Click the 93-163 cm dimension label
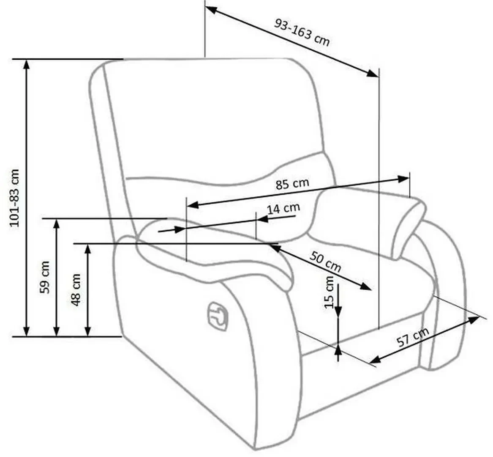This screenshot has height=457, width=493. coord(302,31)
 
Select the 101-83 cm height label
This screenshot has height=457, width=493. coord(15,198)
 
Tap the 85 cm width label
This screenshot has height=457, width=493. coord(292,184)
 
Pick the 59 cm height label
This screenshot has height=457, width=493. coord(45,277)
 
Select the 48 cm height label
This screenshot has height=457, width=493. coord(76,290)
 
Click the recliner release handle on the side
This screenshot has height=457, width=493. coord(218,314)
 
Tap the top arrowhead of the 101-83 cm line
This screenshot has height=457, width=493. coord(27,63)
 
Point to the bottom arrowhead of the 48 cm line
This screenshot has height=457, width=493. coord(87,331)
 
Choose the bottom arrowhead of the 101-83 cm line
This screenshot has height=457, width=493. coord(27,331)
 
